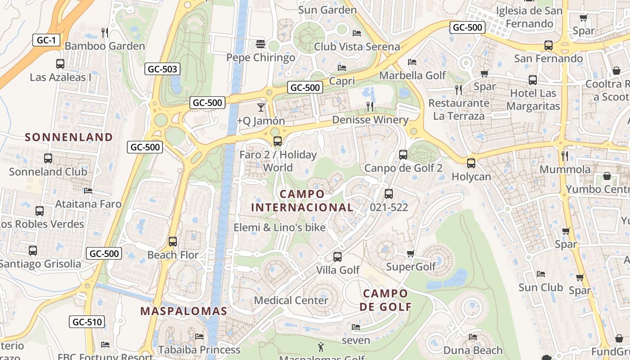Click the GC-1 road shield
46,40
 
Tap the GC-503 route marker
162,69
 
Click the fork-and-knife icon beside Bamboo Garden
105,32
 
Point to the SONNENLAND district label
69,137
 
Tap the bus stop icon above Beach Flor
173,242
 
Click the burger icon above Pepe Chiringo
260,44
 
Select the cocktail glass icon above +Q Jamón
261,108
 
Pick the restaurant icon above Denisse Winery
370,107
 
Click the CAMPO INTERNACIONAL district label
302,201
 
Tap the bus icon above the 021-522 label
389,194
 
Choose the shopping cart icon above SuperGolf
410,254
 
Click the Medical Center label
291,300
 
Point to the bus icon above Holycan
471,163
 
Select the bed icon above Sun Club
541,274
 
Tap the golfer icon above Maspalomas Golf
321,346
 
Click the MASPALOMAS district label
184,311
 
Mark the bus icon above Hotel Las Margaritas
533,80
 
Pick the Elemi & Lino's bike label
279,228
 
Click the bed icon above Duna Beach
473,337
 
